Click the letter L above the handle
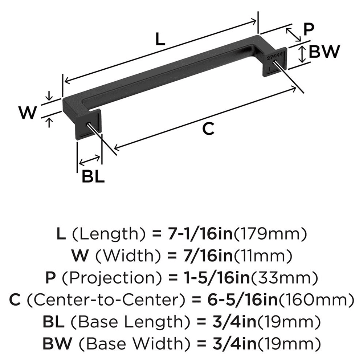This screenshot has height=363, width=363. (160, 39)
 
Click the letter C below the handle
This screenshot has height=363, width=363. (208, 129)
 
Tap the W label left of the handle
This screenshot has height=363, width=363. (28, 113)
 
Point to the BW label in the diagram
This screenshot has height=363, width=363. (324, 52)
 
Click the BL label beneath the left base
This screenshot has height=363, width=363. (93, 177)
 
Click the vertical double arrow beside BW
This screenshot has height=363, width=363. (301, 54)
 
